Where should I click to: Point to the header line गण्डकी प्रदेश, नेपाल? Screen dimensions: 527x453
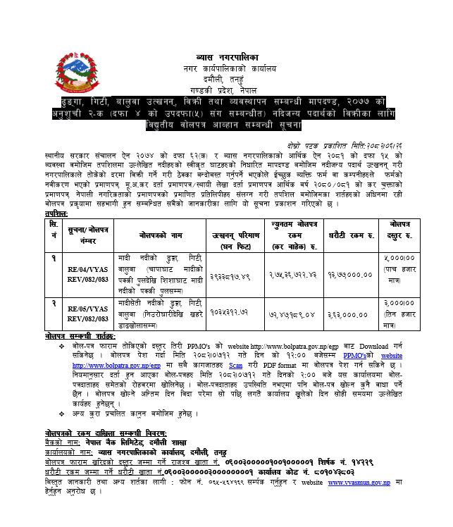[226, 91]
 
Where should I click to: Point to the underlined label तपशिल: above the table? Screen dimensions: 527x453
[55, 211]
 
